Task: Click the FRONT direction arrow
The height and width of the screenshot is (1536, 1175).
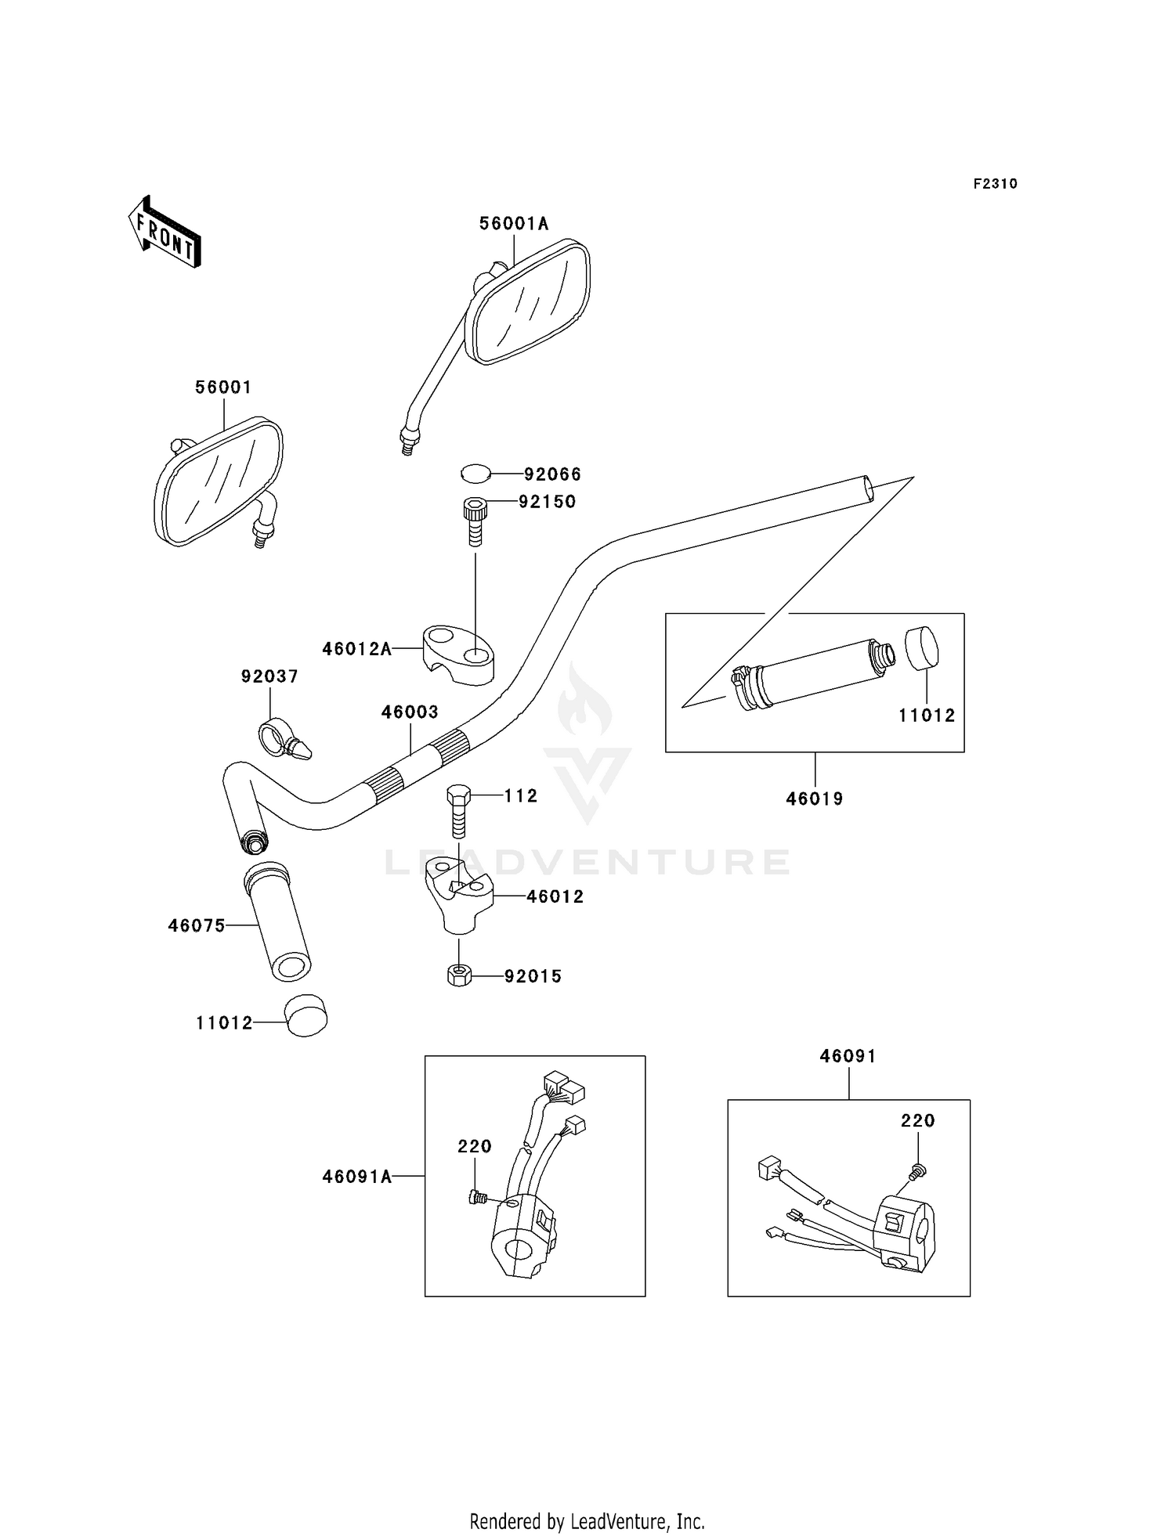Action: coord(165,233)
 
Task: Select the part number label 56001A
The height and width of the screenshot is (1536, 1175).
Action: coord(514,224)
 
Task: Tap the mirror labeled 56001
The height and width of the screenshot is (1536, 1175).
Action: coord(219,483)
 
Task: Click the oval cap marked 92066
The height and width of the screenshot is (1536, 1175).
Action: coord(475,474)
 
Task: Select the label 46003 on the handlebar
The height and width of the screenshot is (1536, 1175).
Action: coord(410,712)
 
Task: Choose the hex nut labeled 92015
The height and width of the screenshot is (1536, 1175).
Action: coord(459,975)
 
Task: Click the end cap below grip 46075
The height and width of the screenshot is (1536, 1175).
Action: coord(305,1016)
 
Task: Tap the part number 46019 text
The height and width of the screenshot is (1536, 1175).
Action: coord(815,799)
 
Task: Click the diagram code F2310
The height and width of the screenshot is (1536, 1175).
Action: coord(995,184)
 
